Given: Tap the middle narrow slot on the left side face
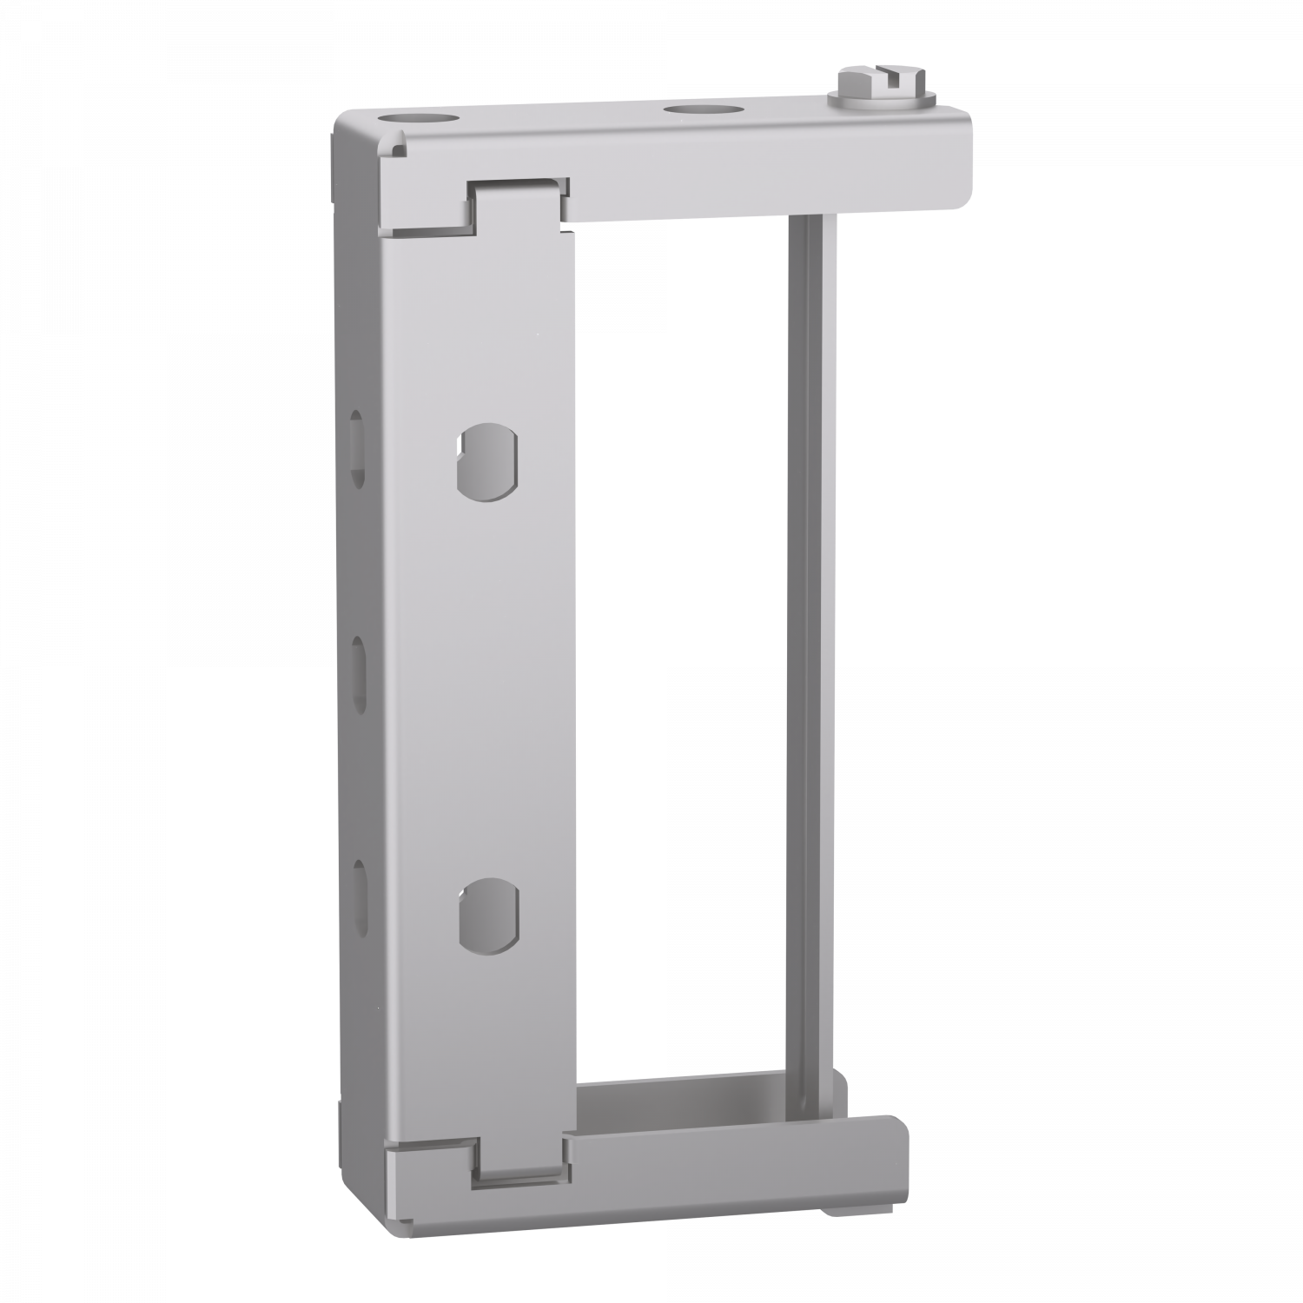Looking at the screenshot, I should (x=357, y=664).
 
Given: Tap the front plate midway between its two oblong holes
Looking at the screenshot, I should (x=488, y=686).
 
